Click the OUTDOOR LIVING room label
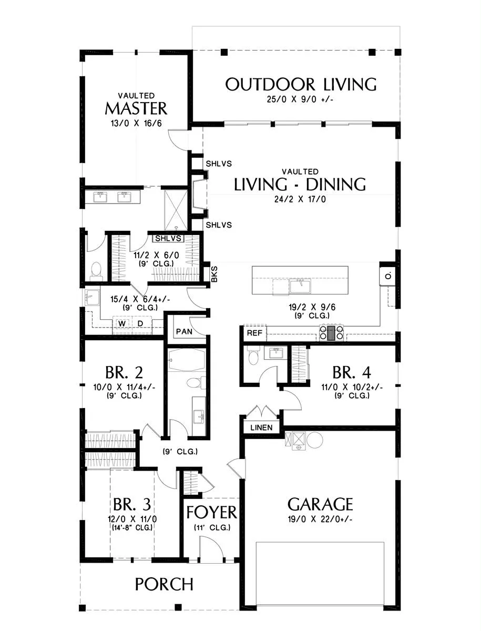pyautogui.click(x=301, y=84)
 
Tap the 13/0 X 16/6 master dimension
pyautogui.click(x=136, y=124)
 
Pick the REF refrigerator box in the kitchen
pyautogui.click(x=255, y=333)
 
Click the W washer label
pyautogui.click(x=122, y=324)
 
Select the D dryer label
pyautogui.click(x=140, y=324)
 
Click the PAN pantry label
pyautogui.click(x=184, y=331)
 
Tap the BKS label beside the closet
pyautogui.click(x=214, y=274)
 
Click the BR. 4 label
pyautogui.click(x=352, y=372)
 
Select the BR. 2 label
pyautogui.click(x=124, y=372)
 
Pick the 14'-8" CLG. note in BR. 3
pyautogui.click(x=132, y=527)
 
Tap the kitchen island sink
pyautogui.click(x=300, y=286)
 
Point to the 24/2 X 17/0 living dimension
pyautogui.click(x=300, y=199)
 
